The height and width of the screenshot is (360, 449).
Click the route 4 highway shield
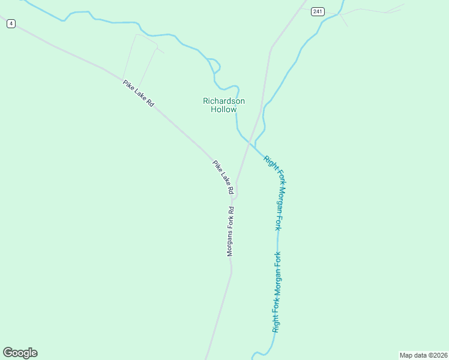(x=11, y=23)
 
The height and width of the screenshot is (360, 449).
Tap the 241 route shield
(x=318, y=11)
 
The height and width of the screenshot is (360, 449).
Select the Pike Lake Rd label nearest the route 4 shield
(x=139, y=94)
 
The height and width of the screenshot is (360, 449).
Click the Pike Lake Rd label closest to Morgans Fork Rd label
(x=223, y=177)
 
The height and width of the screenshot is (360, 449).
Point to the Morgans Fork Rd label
(x=230, y=232)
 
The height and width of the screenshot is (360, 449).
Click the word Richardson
(x=224, y=101)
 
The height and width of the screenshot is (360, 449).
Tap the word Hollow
(x=224, y=109)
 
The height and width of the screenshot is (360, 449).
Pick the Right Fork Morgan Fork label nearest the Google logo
(x=277, y=292)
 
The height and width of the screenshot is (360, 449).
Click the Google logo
(x=20, y=353)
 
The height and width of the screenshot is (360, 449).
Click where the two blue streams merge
(x=256, y=146)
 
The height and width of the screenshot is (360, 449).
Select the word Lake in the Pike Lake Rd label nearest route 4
(x=139, y=94)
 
